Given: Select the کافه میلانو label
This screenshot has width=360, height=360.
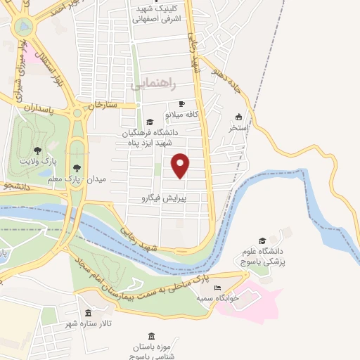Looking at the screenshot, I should tap(184, 114).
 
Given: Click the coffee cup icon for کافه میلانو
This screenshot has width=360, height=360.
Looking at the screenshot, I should tap(182, 103).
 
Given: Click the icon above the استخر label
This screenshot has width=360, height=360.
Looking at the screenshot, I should tap(238, 117).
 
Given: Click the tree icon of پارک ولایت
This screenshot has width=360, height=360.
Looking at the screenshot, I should tap(37, 150).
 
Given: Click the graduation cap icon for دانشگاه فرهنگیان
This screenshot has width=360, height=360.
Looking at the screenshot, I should tap(148, 122).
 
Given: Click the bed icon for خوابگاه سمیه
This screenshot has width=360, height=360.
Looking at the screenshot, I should tap(218, 288).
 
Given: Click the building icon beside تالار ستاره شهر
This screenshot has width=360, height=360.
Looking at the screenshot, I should tap(89, 313).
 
